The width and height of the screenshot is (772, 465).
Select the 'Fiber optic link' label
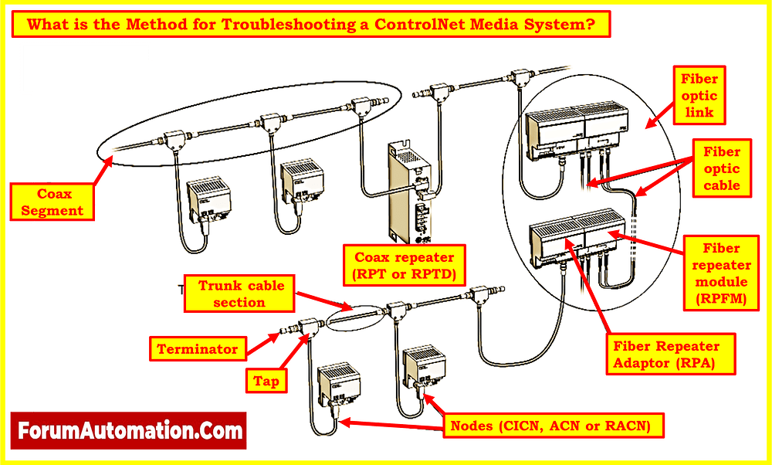699,96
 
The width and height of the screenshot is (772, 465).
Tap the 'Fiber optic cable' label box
721,168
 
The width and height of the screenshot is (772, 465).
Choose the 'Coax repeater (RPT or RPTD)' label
405,265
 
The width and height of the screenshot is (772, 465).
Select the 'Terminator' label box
198,349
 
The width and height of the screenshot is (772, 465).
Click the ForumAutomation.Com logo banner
128,430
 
